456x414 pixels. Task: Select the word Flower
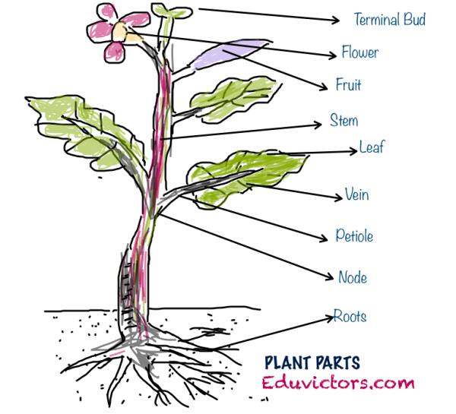(x=359, y=53)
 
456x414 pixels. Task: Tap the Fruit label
(x=348, y=85)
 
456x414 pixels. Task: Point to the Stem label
(x=344, y=121)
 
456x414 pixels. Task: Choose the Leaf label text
(x=371, y=147)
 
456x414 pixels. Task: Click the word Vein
(x=356, y=194)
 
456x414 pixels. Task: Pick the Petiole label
(x=354, y=235)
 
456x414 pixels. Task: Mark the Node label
(x=353, y=277)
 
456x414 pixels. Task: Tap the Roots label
(x=350, y=316)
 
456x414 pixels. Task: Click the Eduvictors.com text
(x=338, y=384)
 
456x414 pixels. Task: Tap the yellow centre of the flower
(x=122, y=30)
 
